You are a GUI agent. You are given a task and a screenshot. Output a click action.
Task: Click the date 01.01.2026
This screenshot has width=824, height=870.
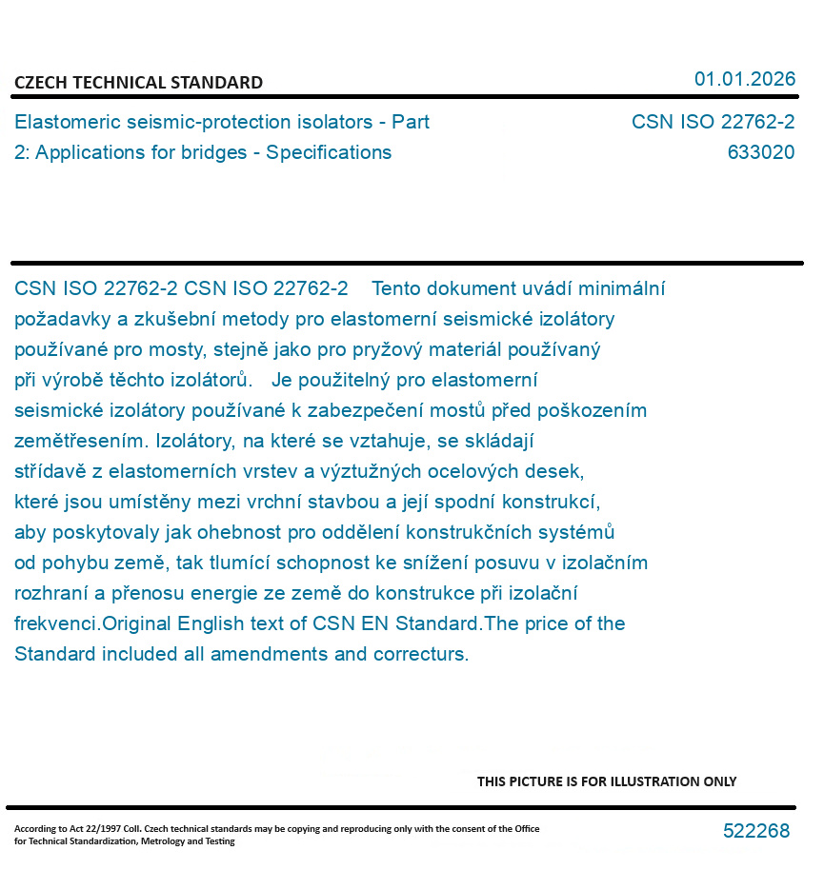[744, 79]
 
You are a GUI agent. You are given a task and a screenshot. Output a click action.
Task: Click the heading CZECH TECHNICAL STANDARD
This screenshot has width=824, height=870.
[138, 83]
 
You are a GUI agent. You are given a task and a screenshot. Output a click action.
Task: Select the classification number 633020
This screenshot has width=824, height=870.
[760, 152]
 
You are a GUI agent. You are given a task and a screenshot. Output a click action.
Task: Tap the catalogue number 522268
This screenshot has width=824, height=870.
[756, 831]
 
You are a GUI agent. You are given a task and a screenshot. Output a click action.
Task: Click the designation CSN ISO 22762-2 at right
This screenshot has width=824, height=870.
[713, 123]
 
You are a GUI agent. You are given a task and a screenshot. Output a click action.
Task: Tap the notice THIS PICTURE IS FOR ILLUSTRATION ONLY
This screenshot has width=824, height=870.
[607, 781]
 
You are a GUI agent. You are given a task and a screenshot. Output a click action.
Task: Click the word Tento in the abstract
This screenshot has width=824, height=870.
[396, 288]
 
